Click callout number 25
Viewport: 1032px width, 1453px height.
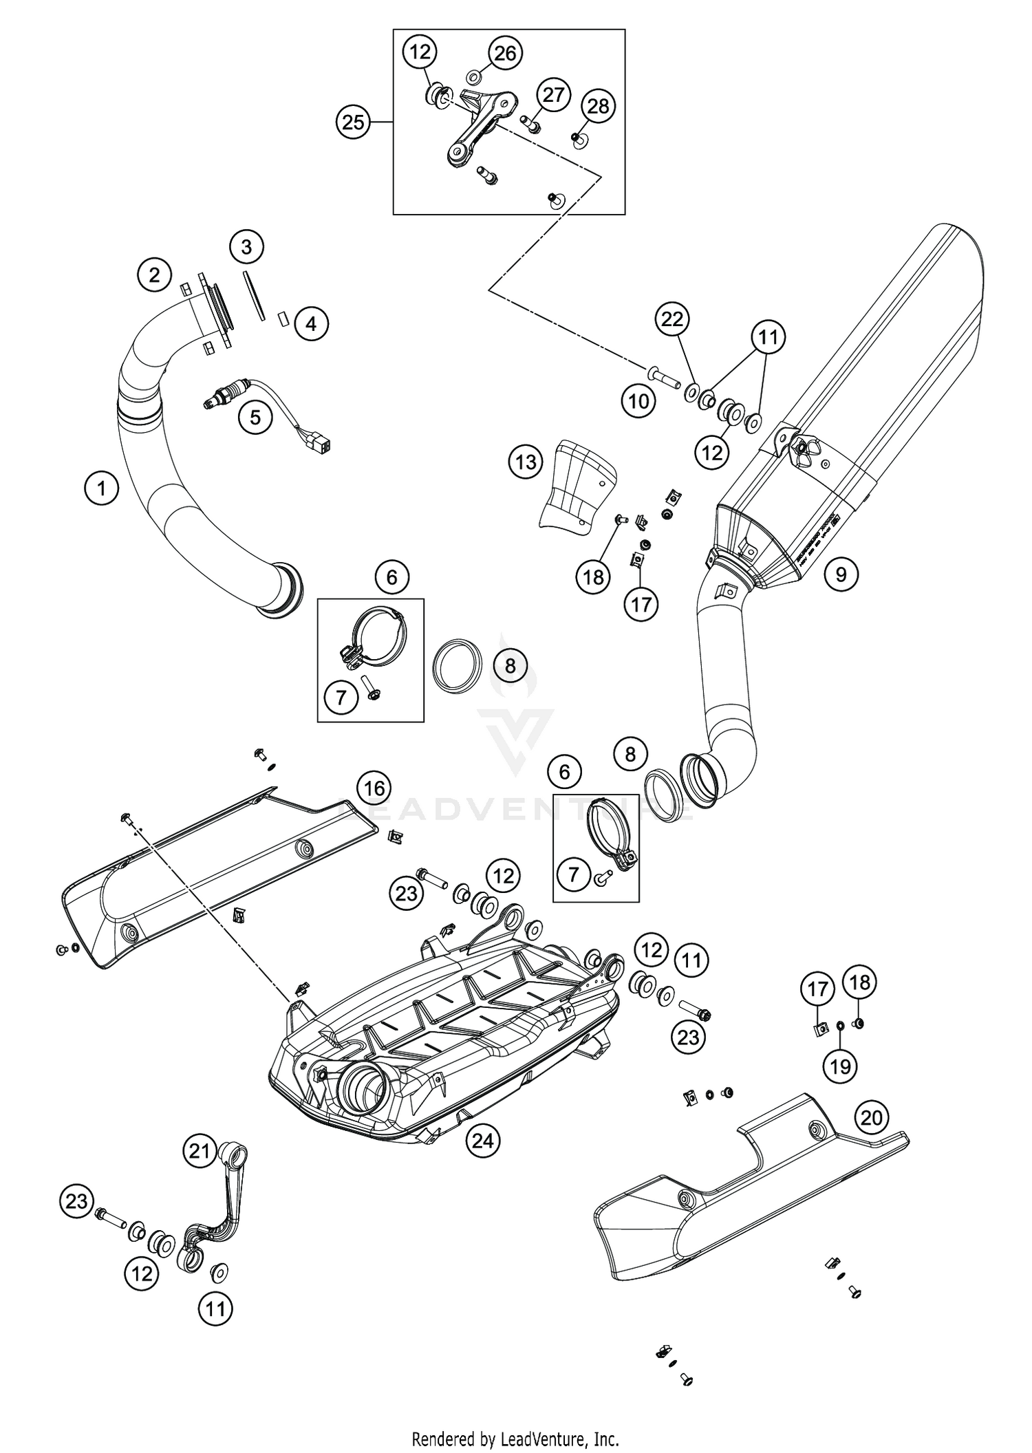pos(353,122)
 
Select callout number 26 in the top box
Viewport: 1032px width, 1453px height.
pos(506,53)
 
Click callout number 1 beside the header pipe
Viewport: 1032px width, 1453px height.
pos(102,488)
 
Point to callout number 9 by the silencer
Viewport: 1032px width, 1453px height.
pos(841,573)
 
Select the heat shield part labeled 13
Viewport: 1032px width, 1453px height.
pos(577,493)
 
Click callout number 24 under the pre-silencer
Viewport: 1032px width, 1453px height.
pos(482,1141)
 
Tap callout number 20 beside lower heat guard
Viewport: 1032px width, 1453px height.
pos(871,1117)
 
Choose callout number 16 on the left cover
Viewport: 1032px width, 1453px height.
pos(374,788)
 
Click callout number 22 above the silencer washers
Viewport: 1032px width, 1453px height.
pos(672,319)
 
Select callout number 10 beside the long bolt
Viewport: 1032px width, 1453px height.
pos(638,401)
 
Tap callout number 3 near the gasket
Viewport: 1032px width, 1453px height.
pos(246,246)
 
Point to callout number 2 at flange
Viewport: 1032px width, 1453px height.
pos(154,275)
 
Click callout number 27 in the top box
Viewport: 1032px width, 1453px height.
pos(553,95)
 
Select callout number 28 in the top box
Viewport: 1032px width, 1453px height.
pos(598,106)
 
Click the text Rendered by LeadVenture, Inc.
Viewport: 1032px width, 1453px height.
pos(515,1438)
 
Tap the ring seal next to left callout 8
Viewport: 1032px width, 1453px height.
pos(455,663)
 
